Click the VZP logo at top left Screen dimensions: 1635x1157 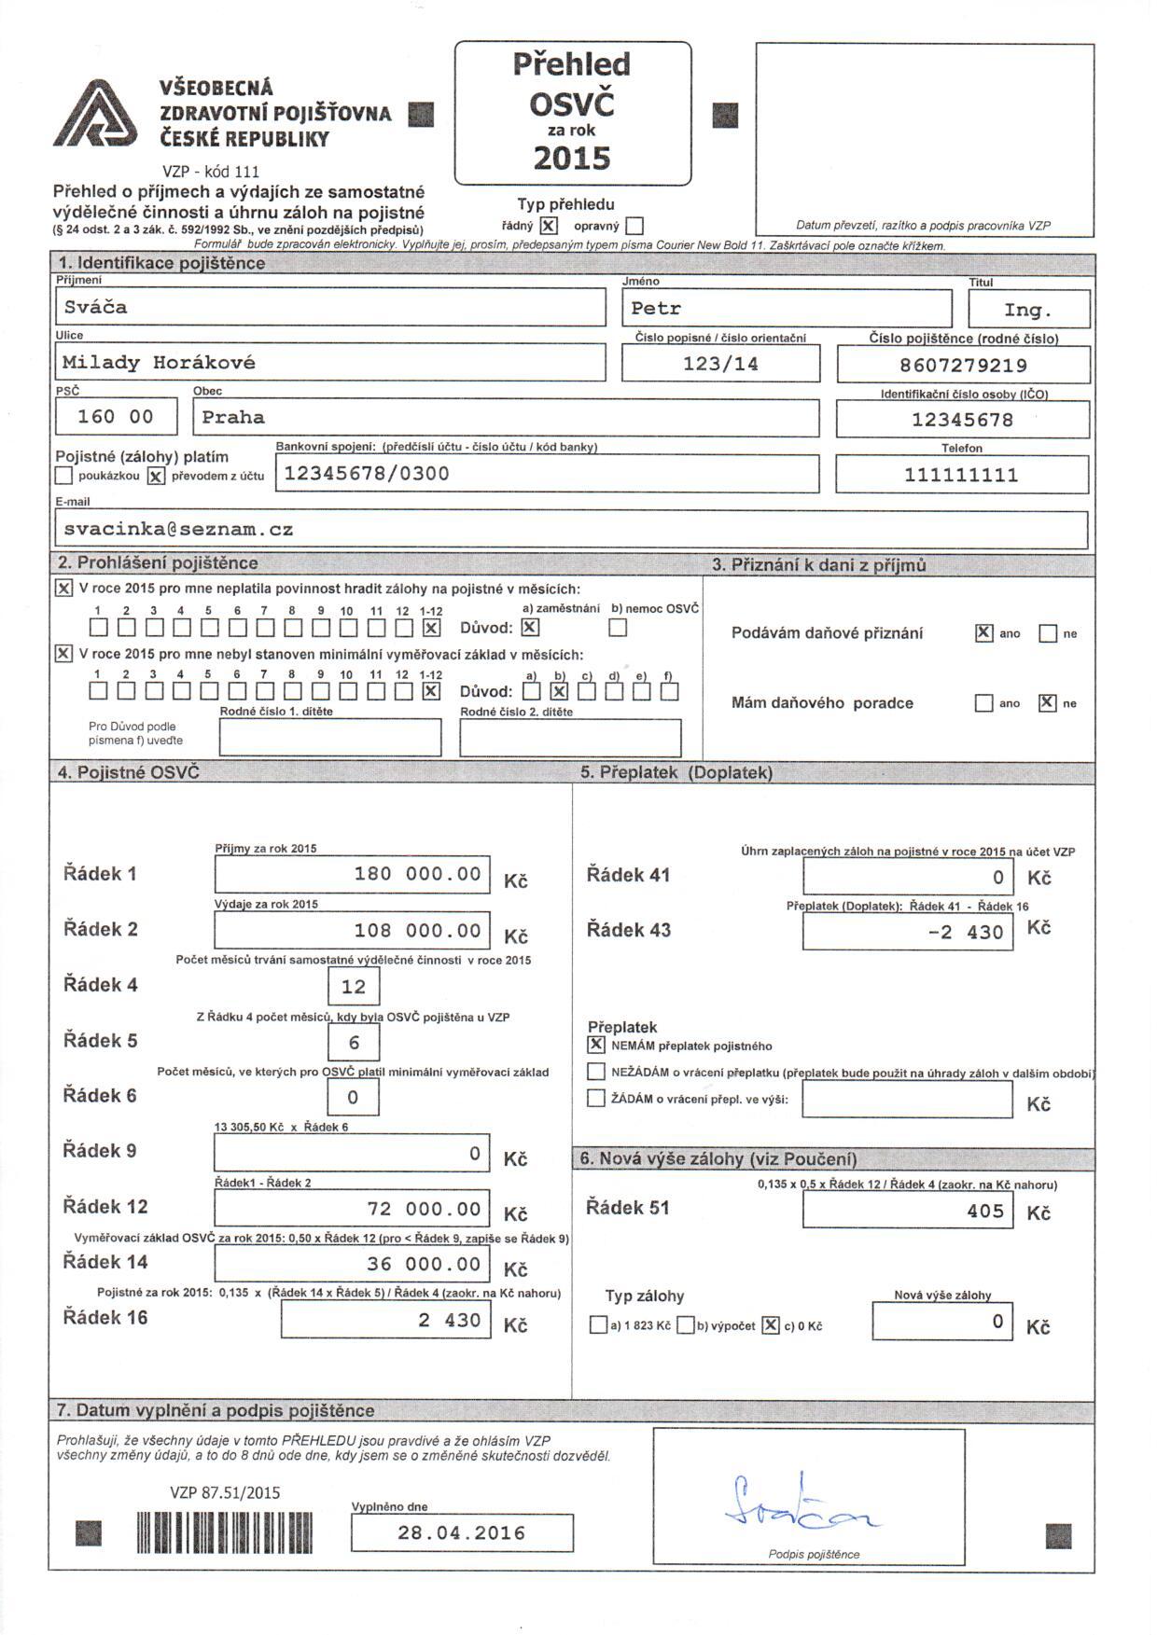coord(94,114)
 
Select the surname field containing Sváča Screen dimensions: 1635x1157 coord(330,307)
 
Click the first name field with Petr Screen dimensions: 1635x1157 coord(787,308)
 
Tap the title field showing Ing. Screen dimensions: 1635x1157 coord(1028,309)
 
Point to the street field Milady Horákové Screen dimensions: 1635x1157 coord(330,363)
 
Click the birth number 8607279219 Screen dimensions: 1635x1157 coord(963,365)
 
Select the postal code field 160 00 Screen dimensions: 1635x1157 coord(116,417)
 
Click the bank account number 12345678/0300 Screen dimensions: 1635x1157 coord(547,474)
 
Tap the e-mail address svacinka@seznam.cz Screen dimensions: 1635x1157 coord(571,530)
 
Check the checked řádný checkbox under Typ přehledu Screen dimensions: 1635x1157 coord(549,226)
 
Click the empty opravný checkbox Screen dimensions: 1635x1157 coord(634,226)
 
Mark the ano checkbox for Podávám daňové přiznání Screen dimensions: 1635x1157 coord(983,633)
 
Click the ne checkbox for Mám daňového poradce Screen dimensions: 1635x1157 coord(1047,703)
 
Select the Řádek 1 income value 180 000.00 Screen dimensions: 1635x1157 coord(352,874)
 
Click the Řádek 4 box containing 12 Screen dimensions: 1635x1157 coord(354,987)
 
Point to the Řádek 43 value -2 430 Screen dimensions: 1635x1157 coord(907,932)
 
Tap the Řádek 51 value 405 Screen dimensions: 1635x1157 coord(907,1212)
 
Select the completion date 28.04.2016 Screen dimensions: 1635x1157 coord(462,1533)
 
